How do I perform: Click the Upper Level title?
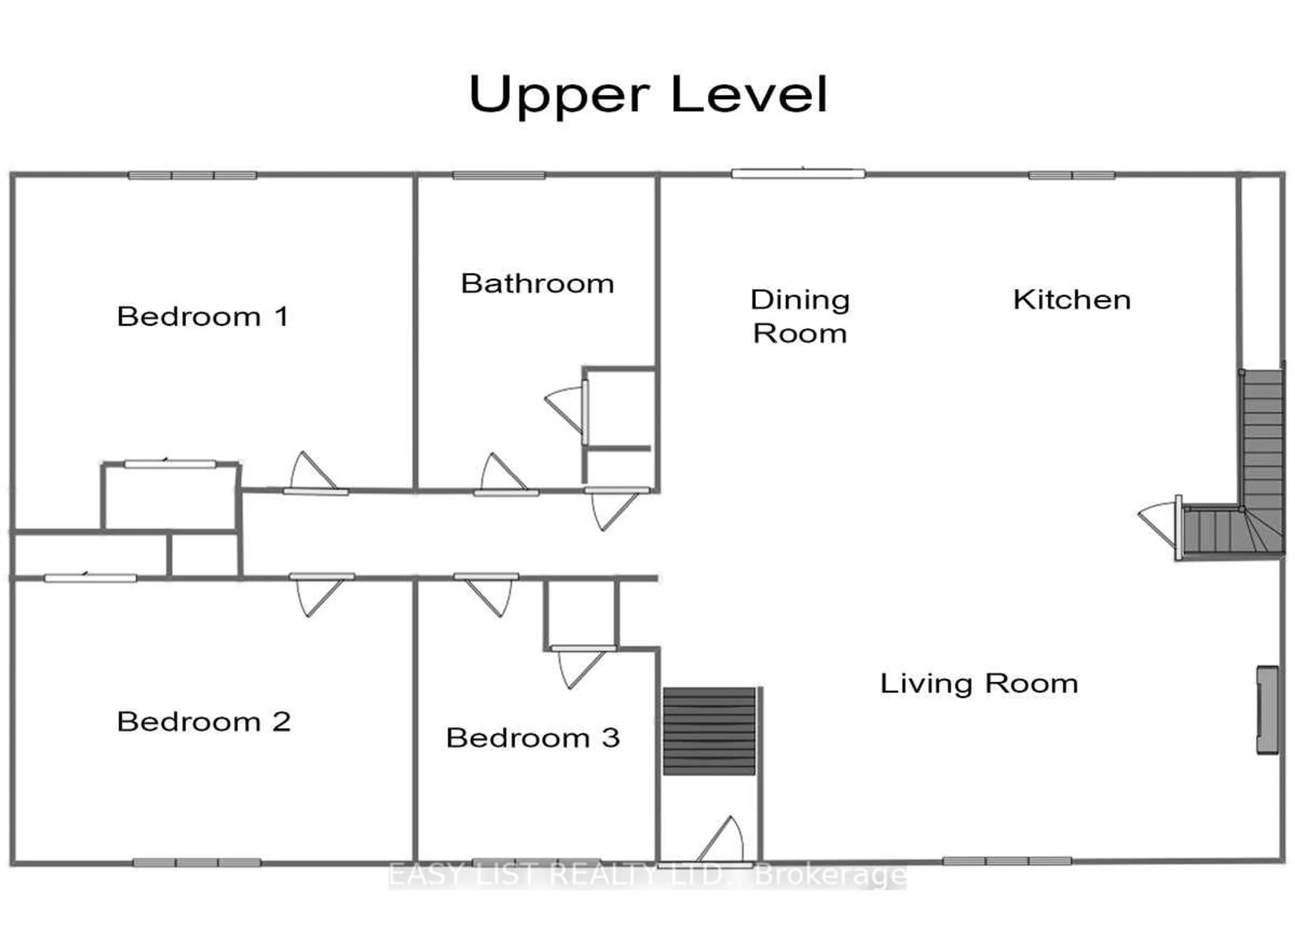click(647, 95)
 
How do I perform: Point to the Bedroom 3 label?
click(533, 738)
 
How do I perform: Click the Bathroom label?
click(537, 284)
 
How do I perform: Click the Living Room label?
click(978, 683)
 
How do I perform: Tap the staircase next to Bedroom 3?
click(709, 731)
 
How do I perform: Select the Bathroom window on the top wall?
click(498, 175)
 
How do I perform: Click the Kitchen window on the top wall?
click(1071, 175)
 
